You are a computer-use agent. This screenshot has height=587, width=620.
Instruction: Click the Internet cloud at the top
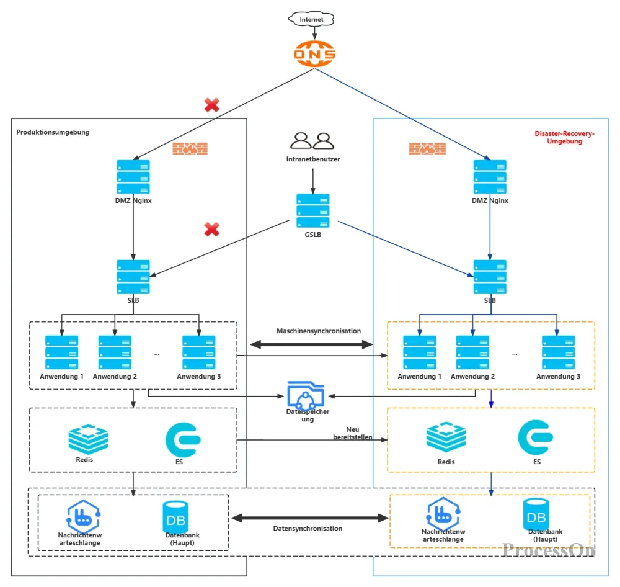(311, 19)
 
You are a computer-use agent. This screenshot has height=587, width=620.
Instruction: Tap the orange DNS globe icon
(314, 53)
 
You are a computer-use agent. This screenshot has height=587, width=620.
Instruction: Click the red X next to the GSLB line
(212, 229)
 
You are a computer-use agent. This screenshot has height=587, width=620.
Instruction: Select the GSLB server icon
(312, 210)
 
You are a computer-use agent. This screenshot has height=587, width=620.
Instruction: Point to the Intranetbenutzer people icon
(312, 140)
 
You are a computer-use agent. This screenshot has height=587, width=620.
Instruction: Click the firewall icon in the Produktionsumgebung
(190, 149)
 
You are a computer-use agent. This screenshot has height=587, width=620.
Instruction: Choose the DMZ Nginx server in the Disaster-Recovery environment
(490, 177)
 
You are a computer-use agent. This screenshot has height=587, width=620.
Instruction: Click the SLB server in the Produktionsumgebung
(133, 277)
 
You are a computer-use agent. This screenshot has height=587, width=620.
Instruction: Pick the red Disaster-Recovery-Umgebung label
(564, 137)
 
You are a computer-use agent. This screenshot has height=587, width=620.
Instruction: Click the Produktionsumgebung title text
(53, 132)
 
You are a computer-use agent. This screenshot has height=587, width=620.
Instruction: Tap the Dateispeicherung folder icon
(306, 395)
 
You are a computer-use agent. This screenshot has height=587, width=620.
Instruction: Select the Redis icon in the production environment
(88, 439)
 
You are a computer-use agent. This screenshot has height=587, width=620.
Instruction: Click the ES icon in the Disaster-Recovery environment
(536, 437)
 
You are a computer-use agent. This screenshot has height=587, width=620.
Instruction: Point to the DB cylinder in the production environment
(175, 517)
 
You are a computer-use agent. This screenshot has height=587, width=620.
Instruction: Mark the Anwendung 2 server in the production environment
(115, 352)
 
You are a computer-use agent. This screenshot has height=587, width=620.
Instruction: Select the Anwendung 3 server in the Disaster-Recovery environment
(558, 352)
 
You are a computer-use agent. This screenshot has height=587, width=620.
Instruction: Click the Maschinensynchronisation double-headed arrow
(312, 344)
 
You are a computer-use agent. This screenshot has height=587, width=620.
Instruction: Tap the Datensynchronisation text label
(308, 529)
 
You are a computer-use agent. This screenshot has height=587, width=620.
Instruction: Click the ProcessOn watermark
(549, 550)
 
